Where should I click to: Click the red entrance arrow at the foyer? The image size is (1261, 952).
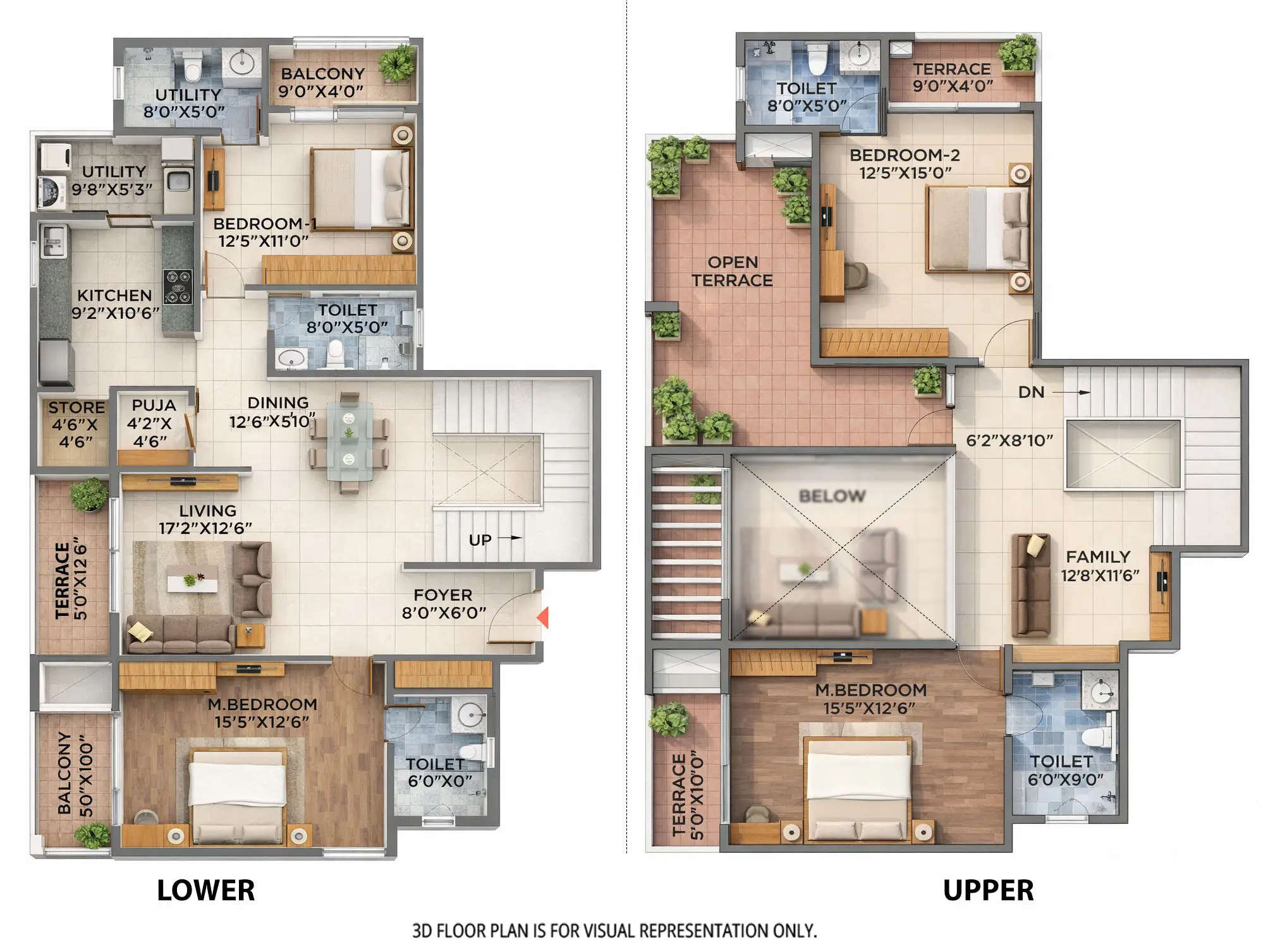542,617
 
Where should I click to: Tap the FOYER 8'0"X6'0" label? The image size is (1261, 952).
443,604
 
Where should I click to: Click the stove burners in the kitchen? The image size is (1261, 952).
177,287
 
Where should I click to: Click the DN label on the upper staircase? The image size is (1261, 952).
1031,392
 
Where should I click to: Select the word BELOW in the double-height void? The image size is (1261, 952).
832,496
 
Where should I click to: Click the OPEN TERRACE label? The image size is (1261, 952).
732,271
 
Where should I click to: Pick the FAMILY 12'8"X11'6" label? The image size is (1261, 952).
1099,566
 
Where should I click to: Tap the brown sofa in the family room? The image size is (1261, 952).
1030,585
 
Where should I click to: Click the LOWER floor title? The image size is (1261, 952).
205,891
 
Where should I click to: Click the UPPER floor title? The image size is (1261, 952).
988,891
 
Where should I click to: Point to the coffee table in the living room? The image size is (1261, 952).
193,579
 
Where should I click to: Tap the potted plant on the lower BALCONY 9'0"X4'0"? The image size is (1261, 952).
397,63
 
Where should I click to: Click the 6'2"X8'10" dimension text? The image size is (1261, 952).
1009,440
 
